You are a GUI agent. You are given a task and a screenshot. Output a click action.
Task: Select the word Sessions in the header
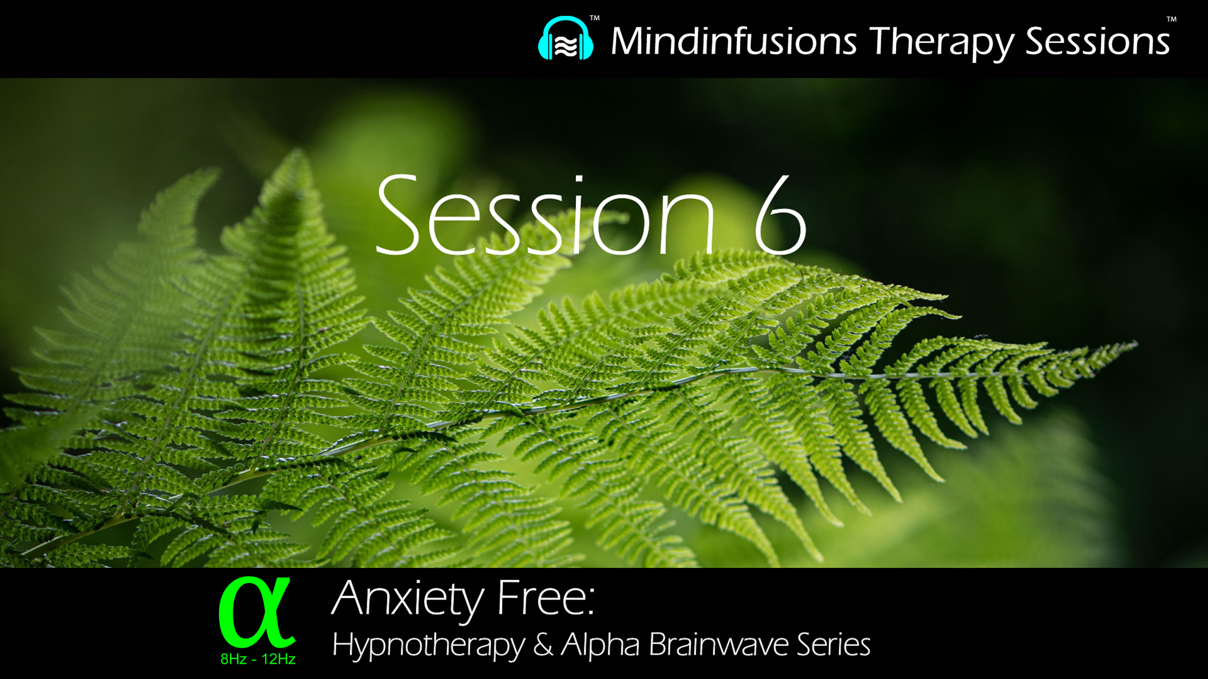coord(1097,41)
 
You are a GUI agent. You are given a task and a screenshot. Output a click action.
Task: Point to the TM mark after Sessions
coord(1172,20)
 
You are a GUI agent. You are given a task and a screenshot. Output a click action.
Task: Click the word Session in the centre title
coord(544,216)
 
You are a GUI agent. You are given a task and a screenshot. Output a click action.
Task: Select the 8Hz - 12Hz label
coord(258,659)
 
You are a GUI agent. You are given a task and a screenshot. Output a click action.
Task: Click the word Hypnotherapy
coord(428,646)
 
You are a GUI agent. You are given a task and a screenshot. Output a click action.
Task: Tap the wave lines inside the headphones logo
coord(566,46)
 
